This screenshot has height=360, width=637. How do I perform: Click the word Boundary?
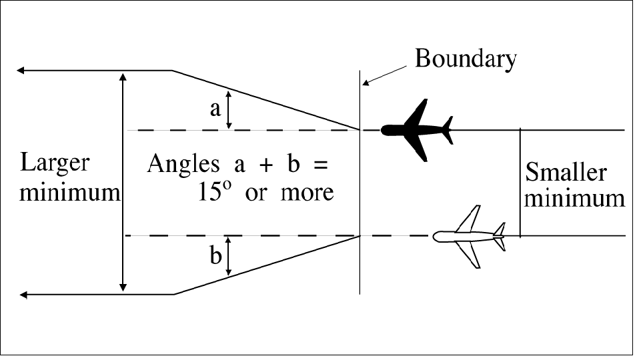466,59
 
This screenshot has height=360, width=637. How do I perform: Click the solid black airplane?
417,129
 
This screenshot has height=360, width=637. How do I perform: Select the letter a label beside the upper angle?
215,109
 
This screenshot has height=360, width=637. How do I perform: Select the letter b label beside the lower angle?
215,257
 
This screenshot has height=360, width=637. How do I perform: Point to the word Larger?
55,163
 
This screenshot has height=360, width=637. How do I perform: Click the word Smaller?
566,173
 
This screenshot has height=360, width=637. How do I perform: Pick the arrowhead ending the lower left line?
25,294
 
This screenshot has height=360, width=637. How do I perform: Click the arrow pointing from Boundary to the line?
385,75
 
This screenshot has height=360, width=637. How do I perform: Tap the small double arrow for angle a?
229,110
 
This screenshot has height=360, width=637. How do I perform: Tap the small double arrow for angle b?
229,257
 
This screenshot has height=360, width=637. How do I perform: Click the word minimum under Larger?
69,193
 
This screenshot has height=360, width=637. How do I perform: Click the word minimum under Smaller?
575,199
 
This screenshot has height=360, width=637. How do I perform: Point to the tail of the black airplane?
446,129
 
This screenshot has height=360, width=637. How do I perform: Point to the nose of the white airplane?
436,235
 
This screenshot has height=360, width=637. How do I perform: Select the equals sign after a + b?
321,165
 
